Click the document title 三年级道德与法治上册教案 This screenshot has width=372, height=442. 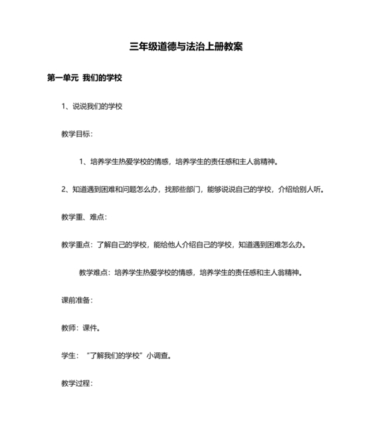(x=186, y=47)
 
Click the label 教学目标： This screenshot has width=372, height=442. (x=77, y=134)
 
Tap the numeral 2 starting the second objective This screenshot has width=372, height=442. (x=64, y=189)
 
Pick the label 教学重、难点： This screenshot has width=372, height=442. (x=84, y=217)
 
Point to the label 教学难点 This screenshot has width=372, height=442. (x=93, y=272)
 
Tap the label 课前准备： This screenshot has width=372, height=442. (x=77, y=300)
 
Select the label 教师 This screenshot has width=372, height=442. (x=68, y=328)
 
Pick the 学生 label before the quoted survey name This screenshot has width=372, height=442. (x=68, y=356)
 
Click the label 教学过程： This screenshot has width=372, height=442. (x=77, y=384)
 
